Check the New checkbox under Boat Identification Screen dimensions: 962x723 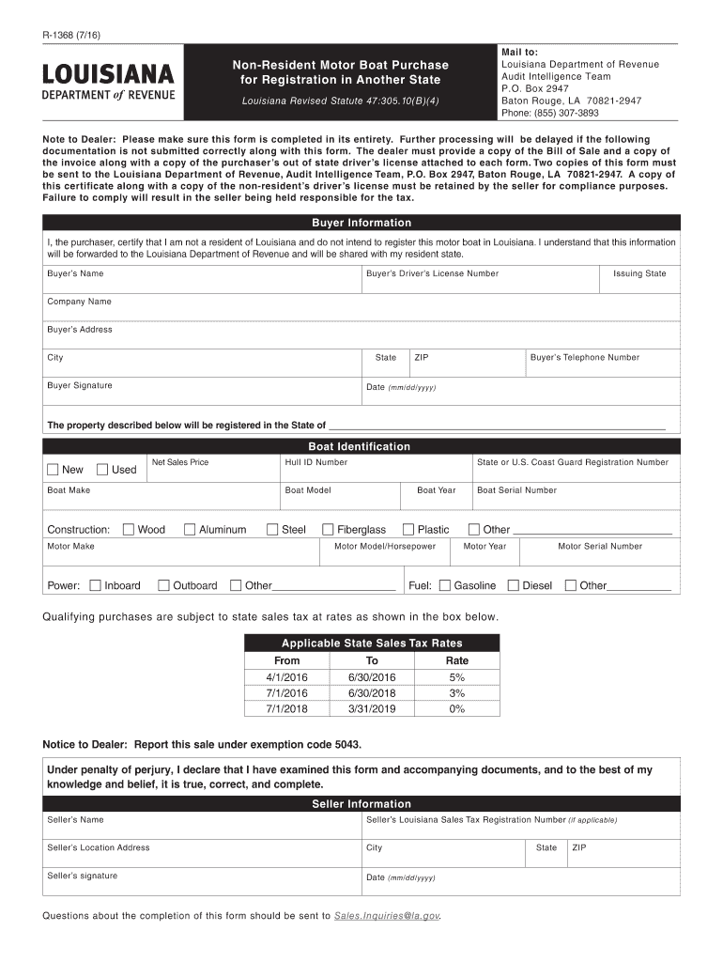coord(54,470)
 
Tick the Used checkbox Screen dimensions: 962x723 coord(103,470)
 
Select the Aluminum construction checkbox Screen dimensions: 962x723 coord(190,530)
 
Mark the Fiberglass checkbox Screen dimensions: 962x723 coord(329,530)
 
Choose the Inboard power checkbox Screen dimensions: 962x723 coord(95,586)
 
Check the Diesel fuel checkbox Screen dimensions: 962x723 coord(513,586)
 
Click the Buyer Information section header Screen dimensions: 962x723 coord(361,223)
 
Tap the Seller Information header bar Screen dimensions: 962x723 coord(361,804)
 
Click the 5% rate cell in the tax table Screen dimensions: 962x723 coord(456,677)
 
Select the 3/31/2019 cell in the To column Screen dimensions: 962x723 coord(372,708)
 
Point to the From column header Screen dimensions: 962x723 coord(286,660)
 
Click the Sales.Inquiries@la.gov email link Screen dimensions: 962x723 coord(386,915)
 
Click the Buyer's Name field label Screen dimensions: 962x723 coord(75,273)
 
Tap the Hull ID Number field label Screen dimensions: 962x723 coord(316,462)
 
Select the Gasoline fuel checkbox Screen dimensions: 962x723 coord(444,586)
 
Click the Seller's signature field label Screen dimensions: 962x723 coord(83,876)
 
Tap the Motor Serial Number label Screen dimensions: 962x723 coord(600,546)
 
